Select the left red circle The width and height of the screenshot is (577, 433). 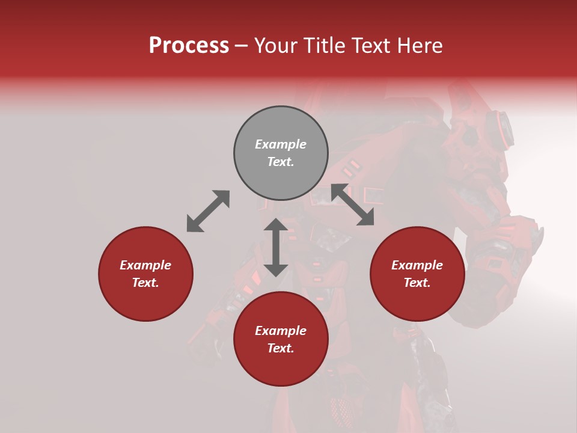pos(145,274)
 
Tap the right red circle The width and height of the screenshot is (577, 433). pos(417,274)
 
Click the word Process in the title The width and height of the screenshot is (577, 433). pos(189,46)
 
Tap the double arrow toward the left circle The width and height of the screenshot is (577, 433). pos(208,211)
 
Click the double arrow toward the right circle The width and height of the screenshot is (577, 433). pos(353,204)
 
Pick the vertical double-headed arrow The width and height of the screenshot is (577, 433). pos(276,247)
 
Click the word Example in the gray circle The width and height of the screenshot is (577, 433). pos(281,144)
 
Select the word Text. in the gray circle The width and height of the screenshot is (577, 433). pos(281,162)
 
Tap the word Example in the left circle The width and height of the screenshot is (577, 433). pos(145,265)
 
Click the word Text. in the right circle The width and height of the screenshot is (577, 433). pos(417,283)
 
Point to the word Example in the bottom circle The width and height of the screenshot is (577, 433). pos(281,331)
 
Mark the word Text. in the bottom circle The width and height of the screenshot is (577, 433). pos(281,348)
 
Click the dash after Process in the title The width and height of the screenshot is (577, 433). pos(241,46)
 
